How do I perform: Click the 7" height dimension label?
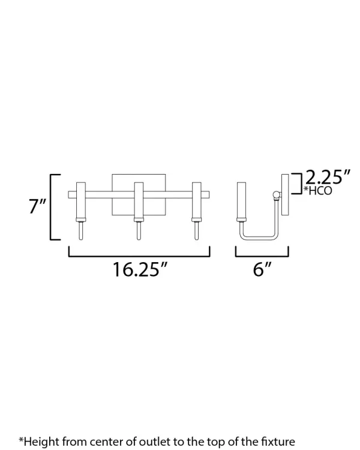click(x=38, y=206)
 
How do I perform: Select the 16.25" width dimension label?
click(x=140, y=269)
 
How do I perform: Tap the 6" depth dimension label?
click(x=262, y=269)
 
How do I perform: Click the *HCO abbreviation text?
click(x=318, y=191)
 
